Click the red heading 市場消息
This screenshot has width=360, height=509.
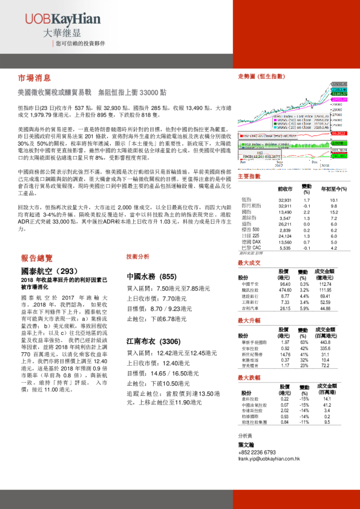coord(34,79)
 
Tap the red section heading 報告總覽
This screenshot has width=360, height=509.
coord(37,257)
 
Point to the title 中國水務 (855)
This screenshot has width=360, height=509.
coord(151,276)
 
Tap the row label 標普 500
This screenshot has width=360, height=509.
coord(250,230)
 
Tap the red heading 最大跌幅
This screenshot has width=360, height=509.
coord(249,378)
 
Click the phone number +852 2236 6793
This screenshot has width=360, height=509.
coord(258,452)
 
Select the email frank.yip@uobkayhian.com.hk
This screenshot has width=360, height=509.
coord(274,459)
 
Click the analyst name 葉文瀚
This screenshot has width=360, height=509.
coord(246,444)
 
